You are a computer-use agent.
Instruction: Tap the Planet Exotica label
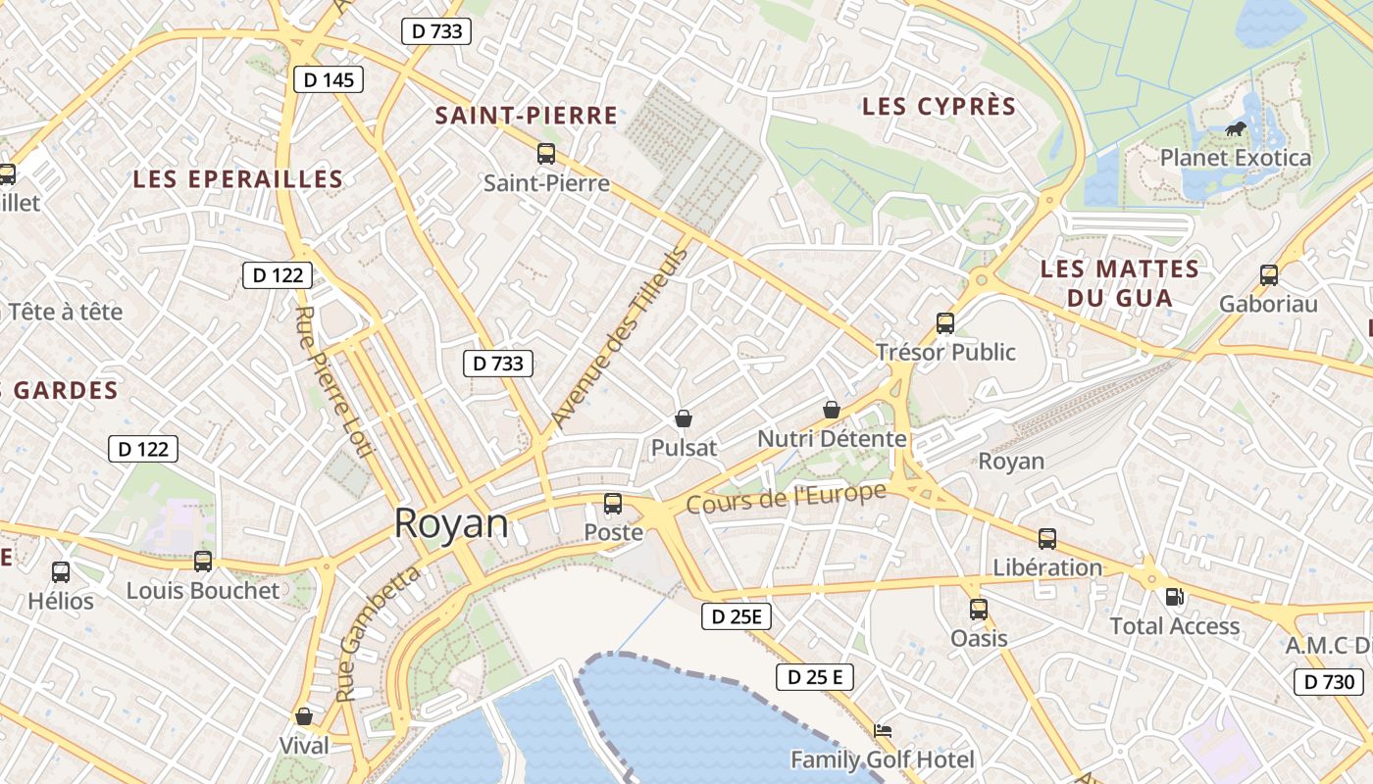(1235, 158)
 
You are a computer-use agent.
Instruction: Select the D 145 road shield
(329, 79)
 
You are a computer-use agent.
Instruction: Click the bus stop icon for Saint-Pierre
(546, 154)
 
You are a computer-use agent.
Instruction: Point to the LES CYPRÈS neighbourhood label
(939, 107)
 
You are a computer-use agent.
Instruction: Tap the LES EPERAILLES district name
(238, 179)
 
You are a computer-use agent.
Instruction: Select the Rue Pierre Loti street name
(333, 381)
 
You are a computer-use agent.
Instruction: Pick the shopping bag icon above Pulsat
(684, 418)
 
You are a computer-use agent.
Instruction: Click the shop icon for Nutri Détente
(831, 410)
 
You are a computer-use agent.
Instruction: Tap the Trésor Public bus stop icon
(945, 322)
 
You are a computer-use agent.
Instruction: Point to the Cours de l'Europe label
(786, 498)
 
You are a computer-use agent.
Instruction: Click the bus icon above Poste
(613, 504)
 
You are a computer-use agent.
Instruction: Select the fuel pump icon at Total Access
(1173, 597)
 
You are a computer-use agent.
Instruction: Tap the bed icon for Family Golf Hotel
(883, 731)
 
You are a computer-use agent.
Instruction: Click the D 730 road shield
(1329, 682)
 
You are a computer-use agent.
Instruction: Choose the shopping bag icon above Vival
(304, 716)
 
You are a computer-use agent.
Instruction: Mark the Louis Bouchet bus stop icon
(203, 562)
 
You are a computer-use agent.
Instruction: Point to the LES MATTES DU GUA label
(1119, 283)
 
